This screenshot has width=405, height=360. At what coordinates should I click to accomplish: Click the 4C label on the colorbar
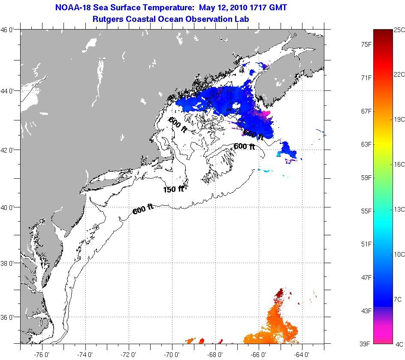click(x=398, y=343)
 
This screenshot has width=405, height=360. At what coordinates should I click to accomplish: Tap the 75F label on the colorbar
click(x=366, y=44)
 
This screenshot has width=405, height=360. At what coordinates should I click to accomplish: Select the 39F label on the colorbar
click(x=366, y=343)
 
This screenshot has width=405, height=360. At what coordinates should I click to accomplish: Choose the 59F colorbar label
click(x=366, y=177)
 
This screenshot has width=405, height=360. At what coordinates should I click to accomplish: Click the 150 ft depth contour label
click(x=173, y=189)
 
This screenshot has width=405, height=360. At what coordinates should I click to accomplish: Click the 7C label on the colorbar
click(x=398, y=298)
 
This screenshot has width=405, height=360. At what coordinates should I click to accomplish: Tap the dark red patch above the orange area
click(x=279, y=293)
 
